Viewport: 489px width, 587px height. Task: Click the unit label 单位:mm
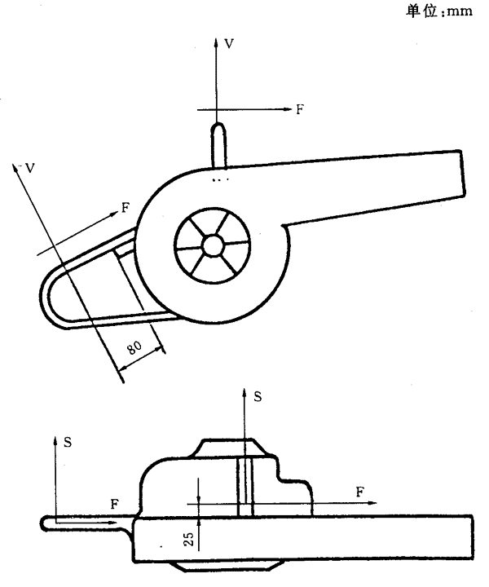[439, 11]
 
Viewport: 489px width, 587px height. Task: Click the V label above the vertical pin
[229, 44]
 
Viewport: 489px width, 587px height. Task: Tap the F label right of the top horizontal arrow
[300, 109]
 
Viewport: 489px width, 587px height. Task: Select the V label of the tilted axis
[30, 169]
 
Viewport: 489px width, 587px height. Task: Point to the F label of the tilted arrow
[126, 207]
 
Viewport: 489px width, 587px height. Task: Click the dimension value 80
[134, 347]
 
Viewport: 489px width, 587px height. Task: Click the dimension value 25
[190, 539]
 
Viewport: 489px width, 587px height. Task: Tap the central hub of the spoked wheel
[213, 245]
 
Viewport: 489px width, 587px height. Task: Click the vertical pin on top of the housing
[218, 145]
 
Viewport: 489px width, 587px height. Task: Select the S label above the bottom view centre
[258, 396]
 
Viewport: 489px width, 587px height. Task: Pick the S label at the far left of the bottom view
[68, 443]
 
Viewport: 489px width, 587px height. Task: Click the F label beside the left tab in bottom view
[114, 505]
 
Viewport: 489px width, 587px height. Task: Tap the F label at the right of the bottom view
[360, 492]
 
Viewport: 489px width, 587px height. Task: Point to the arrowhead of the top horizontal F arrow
[288, 109]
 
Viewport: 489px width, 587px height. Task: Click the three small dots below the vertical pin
[220, 179]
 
